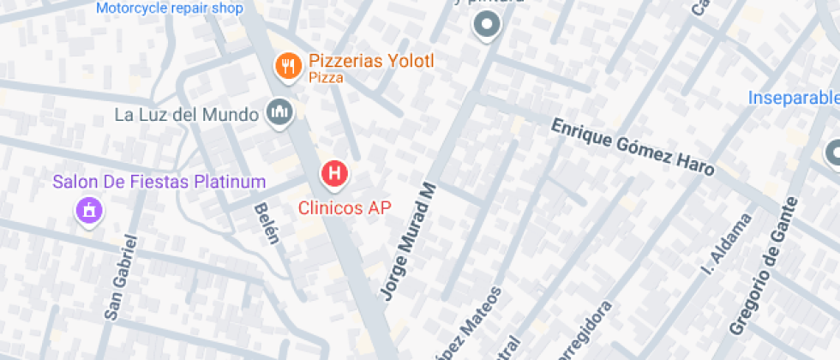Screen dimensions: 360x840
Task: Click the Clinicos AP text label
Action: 345,207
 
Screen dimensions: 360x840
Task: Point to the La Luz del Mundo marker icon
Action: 279,111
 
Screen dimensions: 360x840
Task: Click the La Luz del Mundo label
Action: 186,114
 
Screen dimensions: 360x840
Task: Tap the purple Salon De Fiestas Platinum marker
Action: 87,209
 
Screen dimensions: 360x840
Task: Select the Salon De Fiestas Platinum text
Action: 159,182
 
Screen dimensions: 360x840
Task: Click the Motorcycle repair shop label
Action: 170,9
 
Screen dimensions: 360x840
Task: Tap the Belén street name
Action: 266,225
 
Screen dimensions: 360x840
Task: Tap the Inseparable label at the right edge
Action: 793,98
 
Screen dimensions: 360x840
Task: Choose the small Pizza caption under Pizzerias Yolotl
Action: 326,78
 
